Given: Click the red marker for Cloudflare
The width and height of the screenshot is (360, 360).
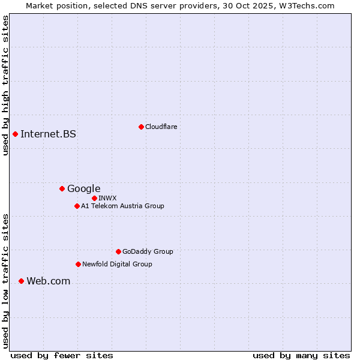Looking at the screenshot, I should (141, 127).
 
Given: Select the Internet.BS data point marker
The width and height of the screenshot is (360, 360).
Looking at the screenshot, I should (15, 134).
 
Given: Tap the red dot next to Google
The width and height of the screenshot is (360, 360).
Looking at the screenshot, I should (62, 189).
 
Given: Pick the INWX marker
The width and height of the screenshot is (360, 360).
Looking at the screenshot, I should (94, 198).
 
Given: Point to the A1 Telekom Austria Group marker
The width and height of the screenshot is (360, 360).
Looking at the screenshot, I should (77, 206).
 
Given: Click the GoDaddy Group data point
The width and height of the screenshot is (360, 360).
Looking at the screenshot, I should (118, 251).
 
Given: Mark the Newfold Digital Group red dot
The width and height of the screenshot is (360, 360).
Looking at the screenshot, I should (78, 264).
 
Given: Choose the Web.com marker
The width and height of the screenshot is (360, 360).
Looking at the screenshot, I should (21, 281).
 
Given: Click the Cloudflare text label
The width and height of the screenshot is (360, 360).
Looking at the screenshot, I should (161, 127).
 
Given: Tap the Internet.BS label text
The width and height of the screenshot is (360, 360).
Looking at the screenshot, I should (48, 134).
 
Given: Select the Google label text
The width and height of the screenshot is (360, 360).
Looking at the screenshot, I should (83, 189).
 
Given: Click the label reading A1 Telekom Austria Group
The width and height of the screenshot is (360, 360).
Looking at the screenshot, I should (122, 206).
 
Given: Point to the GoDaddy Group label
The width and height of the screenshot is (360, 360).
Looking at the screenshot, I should (148, 251).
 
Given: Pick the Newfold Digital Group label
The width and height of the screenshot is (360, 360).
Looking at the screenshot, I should (117, 264).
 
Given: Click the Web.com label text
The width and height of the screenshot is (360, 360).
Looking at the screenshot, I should (48, 281).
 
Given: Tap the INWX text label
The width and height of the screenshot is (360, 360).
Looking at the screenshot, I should (107, 198).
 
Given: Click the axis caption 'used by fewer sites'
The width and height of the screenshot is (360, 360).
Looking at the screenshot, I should (62, 355).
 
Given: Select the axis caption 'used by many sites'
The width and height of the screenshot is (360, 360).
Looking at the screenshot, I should (301, 355).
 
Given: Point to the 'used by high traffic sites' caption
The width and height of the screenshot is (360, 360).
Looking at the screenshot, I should (5, 85).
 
